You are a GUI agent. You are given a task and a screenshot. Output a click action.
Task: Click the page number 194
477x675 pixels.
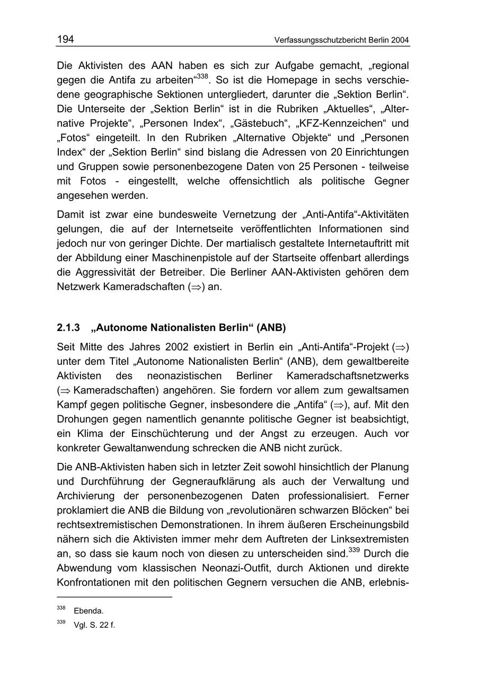click(65, 40)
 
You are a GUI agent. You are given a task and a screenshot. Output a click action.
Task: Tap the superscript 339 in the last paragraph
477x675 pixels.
click(354, 550)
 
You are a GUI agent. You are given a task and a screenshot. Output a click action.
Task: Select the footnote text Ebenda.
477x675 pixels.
click(89, 611)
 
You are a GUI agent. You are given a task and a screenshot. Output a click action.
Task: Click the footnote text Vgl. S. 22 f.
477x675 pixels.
click(94, 625)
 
